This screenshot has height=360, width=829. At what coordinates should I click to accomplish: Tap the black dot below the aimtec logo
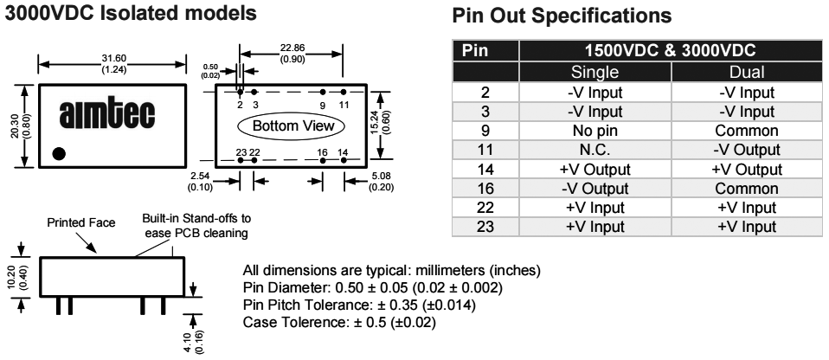pos(59,153)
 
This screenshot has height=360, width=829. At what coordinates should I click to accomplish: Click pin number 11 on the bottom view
pos(344,104)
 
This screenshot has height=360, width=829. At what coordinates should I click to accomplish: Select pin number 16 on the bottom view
pos(322,151)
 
